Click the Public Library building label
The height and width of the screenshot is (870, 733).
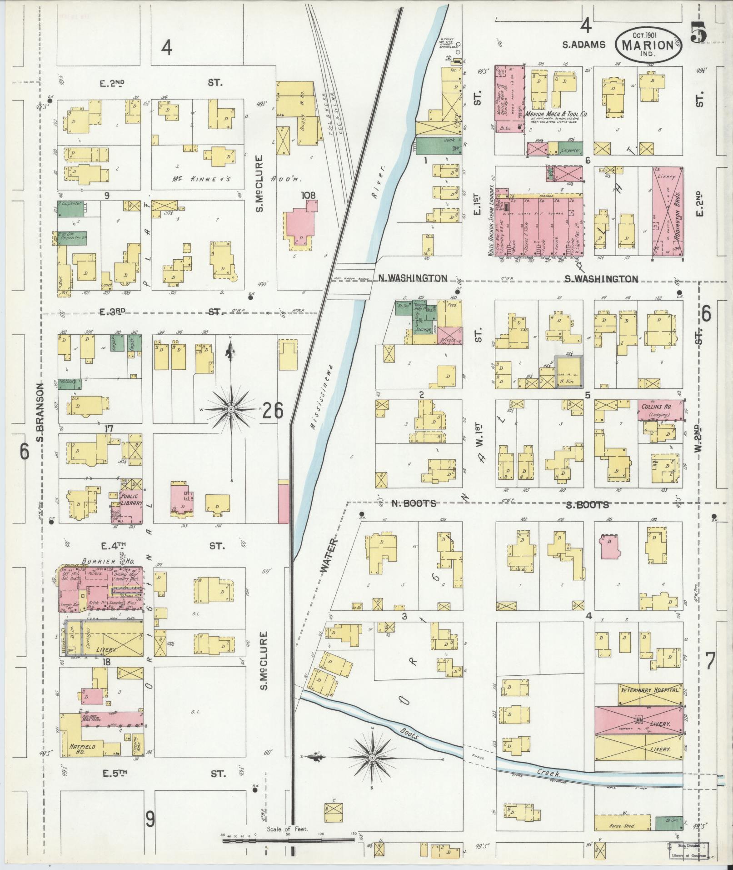132,500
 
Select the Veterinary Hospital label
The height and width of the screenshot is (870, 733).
650,703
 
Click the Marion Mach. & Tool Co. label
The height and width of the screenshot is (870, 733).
556,115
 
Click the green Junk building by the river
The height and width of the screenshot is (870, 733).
438,145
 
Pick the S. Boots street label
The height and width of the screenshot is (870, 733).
587,504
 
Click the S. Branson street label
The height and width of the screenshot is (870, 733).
40,412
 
